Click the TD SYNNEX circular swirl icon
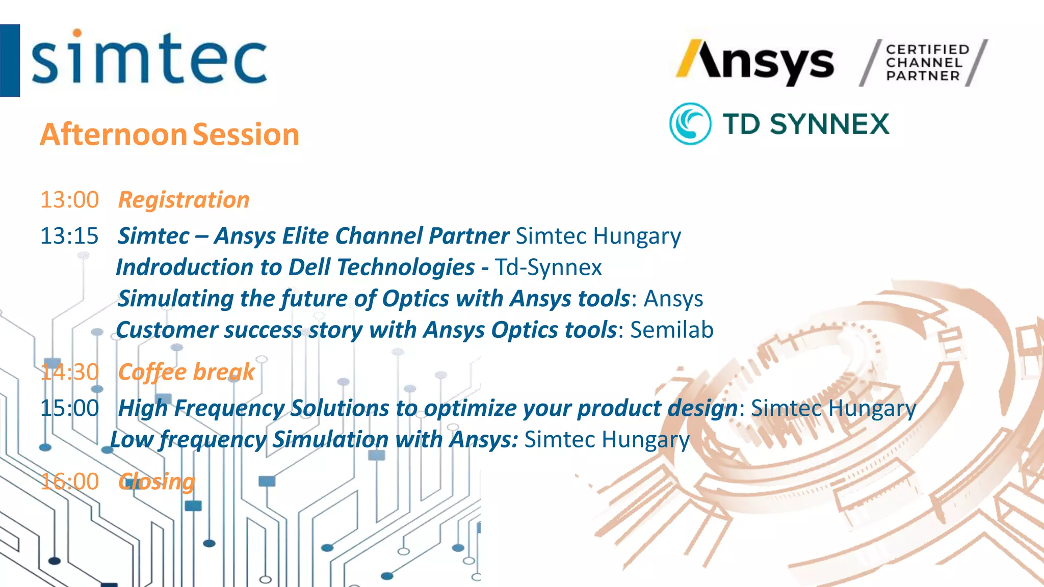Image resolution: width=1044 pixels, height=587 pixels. pos(690,124)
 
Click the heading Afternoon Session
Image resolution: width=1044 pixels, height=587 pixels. pos(169,135)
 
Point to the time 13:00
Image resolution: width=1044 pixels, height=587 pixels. pos(69,200)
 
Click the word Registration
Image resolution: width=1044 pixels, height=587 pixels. pos(184,200)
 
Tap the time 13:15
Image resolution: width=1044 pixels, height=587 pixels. pos(69,236)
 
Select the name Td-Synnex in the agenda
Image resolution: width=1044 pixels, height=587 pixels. pos(549,268)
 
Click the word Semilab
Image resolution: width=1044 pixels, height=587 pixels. pos(671,330)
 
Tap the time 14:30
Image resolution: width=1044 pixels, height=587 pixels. pos(69,372)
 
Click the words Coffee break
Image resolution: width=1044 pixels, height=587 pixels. pos(186,372)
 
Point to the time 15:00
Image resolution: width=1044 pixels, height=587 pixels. pos(69,408)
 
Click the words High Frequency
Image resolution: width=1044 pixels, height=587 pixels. pos(202,408)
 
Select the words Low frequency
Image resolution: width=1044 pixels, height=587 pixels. pos(188,440)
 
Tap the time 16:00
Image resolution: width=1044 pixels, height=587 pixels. pos(69,482)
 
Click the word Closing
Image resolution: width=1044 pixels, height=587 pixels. pos(156,482)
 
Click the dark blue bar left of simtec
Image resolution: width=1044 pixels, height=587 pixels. pos(10,60)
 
